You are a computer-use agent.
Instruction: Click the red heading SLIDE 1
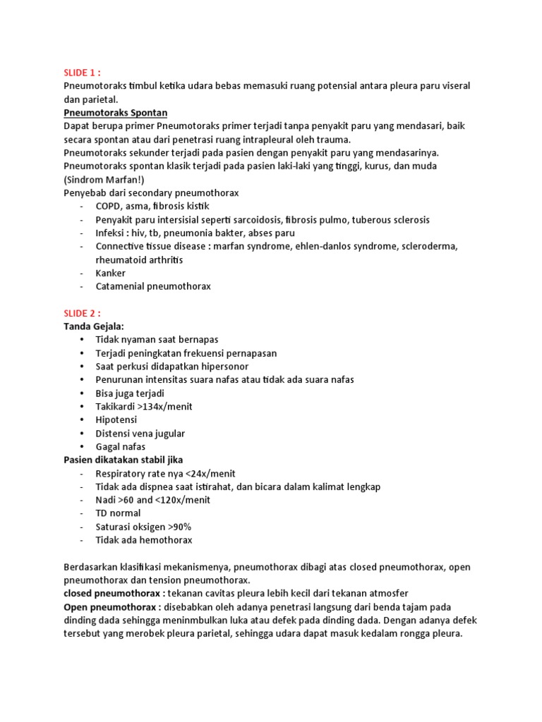click(82, 72)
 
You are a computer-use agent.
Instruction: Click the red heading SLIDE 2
click(82, 313)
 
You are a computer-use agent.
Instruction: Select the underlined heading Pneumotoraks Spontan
click(115, 112)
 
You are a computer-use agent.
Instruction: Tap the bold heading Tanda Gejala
click(93, 326)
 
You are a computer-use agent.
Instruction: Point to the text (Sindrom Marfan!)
click(104, 179)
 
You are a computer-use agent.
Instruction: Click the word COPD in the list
click(109, 206)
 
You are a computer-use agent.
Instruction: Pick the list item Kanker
click(110, 273)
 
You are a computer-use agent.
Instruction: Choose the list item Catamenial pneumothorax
click(153, 286)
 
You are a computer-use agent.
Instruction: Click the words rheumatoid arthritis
click(139, 259)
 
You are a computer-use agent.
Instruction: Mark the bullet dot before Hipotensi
click(83, 420)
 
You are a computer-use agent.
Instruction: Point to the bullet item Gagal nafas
click(120, 447)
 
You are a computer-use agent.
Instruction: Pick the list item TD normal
click(118, 514)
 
